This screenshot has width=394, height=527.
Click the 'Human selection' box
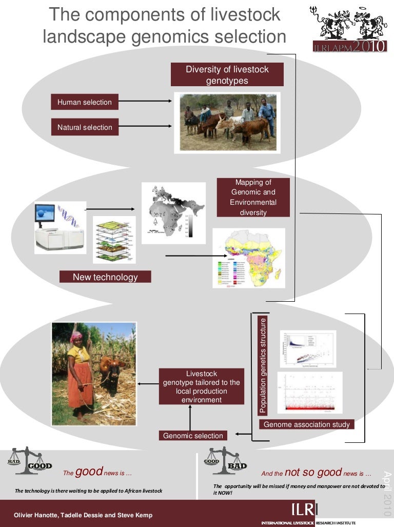(85, 102)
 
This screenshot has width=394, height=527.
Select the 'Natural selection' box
(85, 127)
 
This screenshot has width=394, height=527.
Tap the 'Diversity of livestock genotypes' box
(227, 75)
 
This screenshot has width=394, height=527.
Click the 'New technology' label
(105, 277)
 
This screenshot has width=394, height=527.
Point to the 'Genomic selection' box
(193, 436)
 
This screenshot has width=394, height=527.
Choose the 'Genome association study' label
(306, 424)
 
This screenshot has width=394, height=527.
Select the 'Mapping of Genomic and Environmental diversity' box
(253, 197)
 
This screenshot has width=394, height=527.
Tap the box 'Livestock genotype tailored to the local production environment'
(201, 386)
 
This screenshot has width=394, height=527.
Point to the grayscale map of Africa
(172, 213)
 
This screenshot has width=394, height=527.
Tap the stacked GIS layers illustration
(113, 240)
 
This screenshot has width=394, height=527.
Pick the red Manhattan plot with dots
(307, 393)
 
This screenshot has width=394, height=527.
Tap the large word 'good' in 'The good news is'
(89, 472)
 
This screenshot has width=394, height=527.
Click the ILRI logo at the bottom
(305, 510)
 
